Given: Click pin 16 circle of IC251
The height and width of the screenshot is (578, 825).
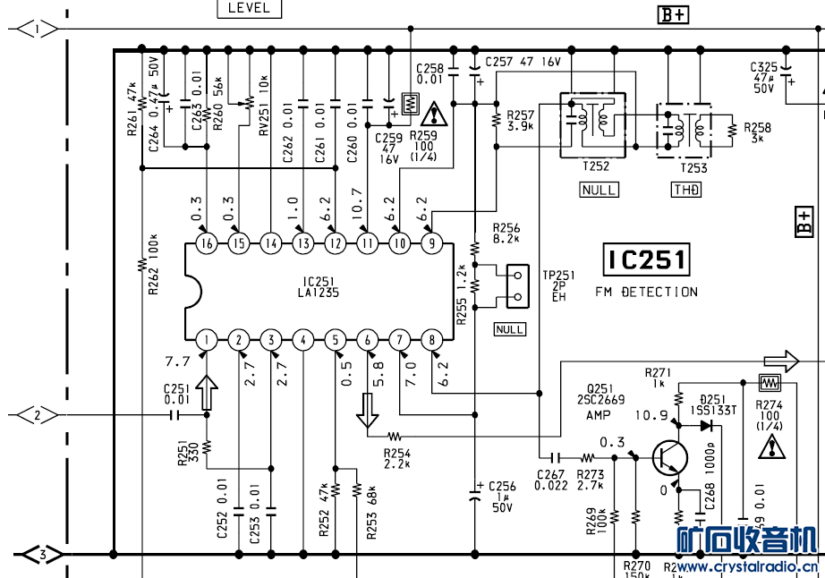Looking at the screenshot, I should pos(207,242).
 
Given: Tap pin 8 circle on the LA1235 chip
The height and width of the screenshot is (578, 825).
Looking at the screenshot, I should pos(432,340).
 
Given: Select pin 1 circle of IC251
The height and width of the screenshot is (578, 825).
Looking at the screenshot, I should pos(207,340).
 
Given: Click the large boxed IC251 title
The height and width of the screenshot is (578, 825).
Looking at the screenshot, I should pos(646,260).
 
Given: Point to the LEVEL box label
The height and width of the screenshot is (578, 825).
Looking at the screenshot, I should pos(249,8).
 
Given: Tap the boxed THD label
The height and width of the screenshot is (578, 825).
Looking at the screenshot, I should pos(686,190).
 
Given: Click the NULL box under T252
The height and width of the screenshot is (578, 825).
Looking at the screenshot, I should pos(599,190).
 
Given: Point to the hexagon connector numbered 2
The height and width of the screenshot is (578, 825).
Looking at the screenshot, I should pos(38,415).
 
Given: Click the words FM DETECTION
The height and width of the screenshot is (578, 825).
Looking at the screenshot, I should pos(646,293).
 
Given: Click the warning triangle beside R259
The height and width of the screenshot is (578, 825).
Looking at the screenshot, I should pos(436,114).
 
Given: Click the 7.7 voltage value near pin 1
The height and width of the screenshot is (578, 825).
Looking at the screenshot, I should pos(177,362).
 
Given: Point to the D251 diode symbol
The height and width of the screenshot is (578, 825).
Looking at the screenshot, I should pos(706,426).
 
